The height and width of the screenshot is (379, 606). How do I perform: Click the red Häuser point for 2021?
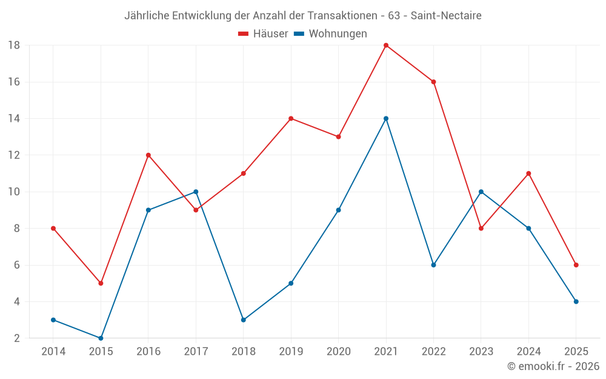pos(386,45)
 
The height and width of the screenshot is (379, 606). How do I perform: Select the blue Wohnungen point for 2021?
pos(386,118)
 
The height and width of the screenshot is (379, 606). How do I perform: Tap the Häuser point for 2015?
pos(101,283)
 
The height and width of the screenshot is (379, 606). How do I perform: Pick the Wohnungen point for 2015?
pos(101,338)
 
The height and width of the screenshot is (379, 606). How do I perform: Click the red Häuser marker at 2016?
pos(148,155)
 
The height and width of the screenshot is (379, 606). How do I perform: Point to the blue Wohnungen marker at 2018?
pos(243,320)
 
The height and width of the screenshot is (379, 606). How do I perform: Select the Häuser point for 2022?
pos(433,82)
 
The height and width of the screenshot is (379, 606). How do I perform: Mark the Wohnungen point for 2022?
pos(433,265)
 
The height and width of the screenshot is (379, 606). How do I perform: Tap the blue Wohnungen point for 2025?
pos(576,301)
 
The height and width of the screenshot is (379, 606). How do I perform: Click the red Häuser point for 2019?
pos(291,118)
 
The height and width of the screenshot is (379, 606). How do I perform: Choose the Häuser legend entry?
pos(264,34)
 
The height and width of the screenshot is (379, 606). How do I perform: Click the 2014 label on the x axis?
pos(53,352)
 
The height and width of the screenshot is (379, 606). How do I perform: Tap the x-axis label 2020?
pos(338,352)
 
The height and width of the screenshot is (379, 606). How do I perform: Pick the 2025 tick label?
pos(576,352)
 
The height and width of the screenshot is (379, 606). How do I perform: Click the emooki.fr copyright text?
pos(553,366)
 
